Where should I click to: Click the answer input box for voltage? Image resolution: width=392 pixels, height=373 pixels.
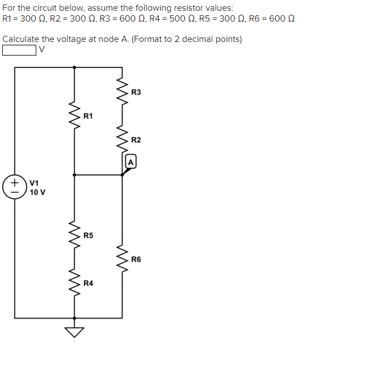pyautogui.click(x=19, y=50)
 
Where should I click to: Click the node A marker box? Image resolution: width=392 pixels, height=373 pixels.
pyautogui.click(x=130, y=161)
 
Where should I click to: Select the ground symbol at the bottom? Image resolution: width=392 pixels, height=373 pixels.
pyautogui.click(x=74, y=331)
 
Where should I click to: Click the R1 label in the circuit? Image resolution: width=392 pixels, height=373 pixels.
pyautogui.click(x=88, y=116)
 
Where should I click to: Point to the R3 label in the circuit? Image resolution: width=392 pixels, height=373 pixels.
pyautogui.click(x=136, y=92)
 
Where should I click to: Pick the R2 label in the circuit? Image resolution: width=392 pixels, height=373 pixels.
pyautogui.click(x=136, y=140)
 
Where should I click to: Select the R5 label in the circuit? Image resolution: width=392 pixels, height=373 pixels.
pyautogui.click(x=88, y=235)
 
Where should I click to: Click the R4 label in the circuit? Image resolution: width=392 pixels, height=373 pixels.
pyautogui.click(x=88, y=283)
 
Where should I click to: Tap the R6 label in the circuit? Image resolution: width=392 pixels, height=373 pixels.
pyautogui.click(x=136, y=259)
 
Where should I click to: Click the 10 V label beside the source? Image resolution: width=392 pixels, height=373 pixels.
pyautogui.click(x=37, y=192)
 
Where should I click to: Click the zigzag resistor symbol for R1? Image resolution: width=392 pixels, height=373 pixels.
pyautogui.click(x=74, y=116)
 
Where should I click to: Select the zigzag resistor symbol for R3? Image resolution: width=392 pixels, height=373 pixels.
pyautogui.click(x=122, y=92)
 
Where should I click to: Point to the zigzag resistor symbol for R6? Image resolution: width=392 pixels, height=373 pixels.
pyautogui.click(x=122, y=258)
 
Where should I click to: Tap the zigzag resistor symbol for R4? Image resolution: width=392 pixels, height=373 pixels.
pyautogui.click(x=74, y=282)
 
